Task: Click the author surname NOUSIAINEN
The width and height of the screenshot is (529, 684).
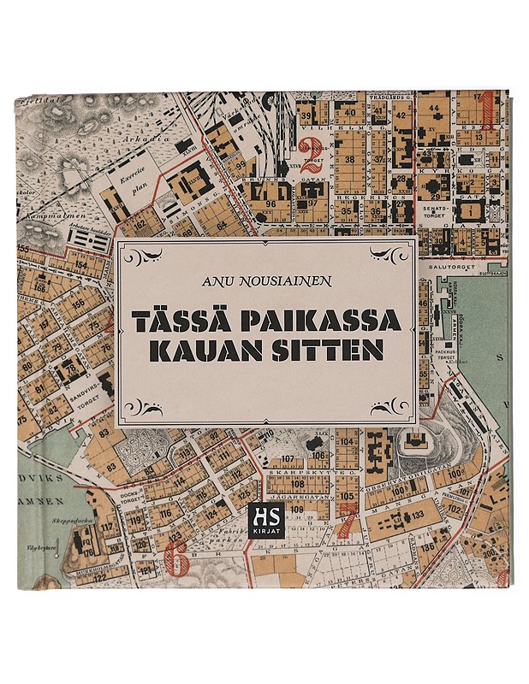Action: [x=289, y=280]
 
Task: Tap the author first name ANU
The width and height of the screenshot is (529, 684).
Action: [x=218, y=280]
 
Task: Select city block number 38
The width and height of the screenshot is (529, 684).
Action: [x=348, y=160]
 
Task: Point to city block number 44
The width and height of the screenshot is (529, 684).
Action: [x=435, y=109]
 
